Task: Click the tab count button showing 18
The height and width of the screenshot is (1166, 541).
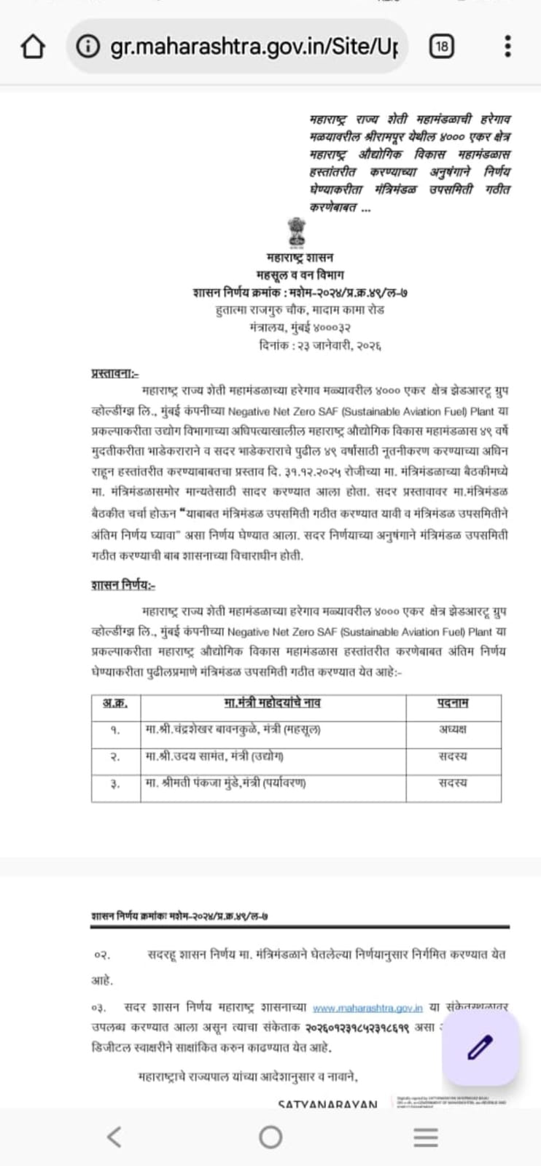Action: point(441,47)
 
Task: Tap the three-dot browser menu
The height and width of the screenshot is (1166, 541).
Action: point(507,47)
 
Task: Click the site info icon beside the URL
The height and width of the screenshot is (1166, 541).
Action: point(88,47)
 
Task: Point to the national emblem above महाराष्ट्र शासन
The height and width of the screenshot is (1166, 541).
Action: point(300,232)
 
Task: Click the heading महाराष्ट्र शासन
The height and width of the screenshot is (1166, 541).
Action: point(300,258)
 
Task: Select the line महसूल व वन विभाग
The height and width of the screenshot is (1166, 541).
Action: point(300,275)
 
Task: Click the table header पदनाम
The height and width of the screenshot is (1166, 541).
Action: point(453,703)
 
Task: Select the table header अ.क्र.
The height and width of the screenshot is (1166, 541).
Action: point(115,703)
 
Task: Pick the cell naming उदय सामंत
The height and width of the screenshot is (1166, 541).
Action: point(215,756)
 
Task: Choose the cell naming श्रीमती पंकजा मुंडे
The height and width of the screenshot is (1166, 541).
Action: point(226,783)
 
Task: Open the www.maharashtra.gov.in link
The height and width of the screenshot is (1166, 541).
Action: point(367,1008)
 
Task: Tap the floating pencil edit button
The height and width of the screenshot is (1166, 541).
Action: point(479,1047)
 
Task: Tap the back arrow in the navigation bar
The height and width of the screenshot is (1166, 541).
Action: point(114,1135)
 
